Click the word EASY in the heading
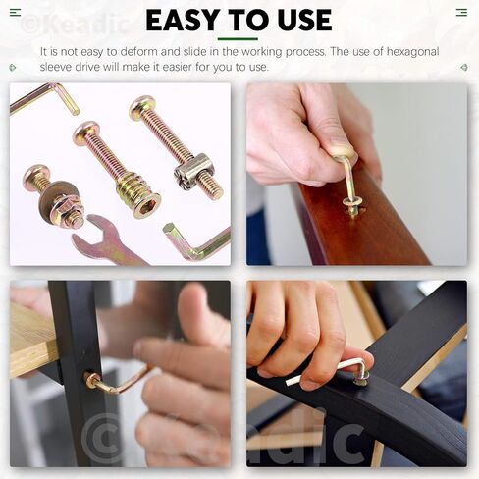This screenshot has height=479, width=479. click(x=183, y=20)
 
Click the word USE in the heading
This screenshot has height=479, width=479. click(x=304, y=20)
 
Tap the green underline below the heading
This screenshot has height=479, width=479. click(x=238, y=39)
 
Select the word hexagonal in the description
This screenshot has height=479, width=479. click(x=412, y=52)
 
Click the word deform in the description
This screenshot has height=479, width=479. click(x=150, y=52)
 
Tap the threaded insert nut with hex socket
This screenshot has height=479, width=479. click(x=138, y=194)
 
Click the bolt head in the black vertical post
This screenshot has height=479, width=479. click(x=92, y=380)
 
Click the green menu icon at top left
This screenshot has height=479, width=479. click(x=15, y=13)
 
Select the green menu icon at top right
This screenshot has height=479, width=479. click(x=461, y=13)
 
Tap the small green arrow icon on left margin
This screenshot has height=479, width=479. click(x=13, y=68)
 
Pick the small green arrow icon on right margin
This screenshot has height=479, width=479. click(x=464, y=68)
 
